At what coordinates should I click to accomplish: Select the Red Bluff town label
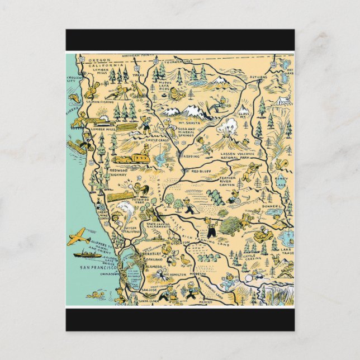click(x=203, y=171)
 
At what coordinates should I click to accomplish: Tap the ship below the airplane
click(x=87, y=254)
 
